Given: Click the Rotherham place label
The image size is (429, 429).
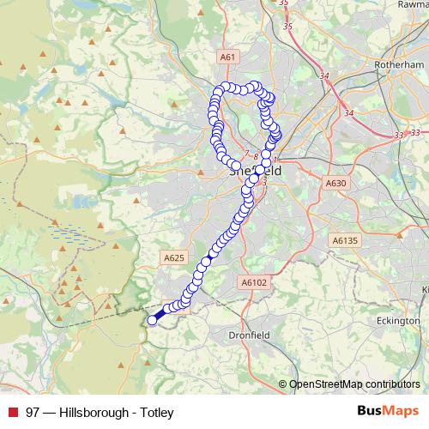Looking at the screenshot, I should (x=396, y=64).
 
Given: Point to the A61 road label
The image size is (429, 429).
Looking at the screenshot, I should (x=227, y=57).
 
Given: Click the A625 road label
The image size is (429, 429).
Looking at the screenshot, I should (x=174, y=257).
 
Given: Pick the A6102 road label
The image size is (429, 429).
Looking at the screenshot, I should (x=255, y=281).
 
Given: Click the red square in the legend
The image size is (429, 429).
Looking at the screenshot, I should (x=13, y=413).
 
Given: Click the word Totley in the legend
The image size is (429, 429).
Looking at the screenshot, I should (x=157, y=413).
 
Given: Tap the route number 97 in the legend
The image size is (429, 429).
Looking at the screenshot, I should (x=33, y=413).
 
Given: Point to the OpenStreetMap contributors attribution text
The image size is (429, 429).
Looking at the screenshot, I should (x=354, y=384).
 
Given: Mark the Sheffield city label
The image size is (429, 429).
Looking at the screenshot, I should (x=249, y=171).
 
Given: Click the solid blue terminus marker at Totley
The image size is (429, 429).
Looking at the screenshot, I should (x=153, y=320).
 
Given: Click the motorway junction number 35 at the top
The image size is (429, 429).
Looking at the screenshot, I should (x=287, y=27).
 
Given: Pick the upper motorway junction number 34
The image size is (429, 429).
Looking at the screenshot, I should (x=324, y=76).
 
